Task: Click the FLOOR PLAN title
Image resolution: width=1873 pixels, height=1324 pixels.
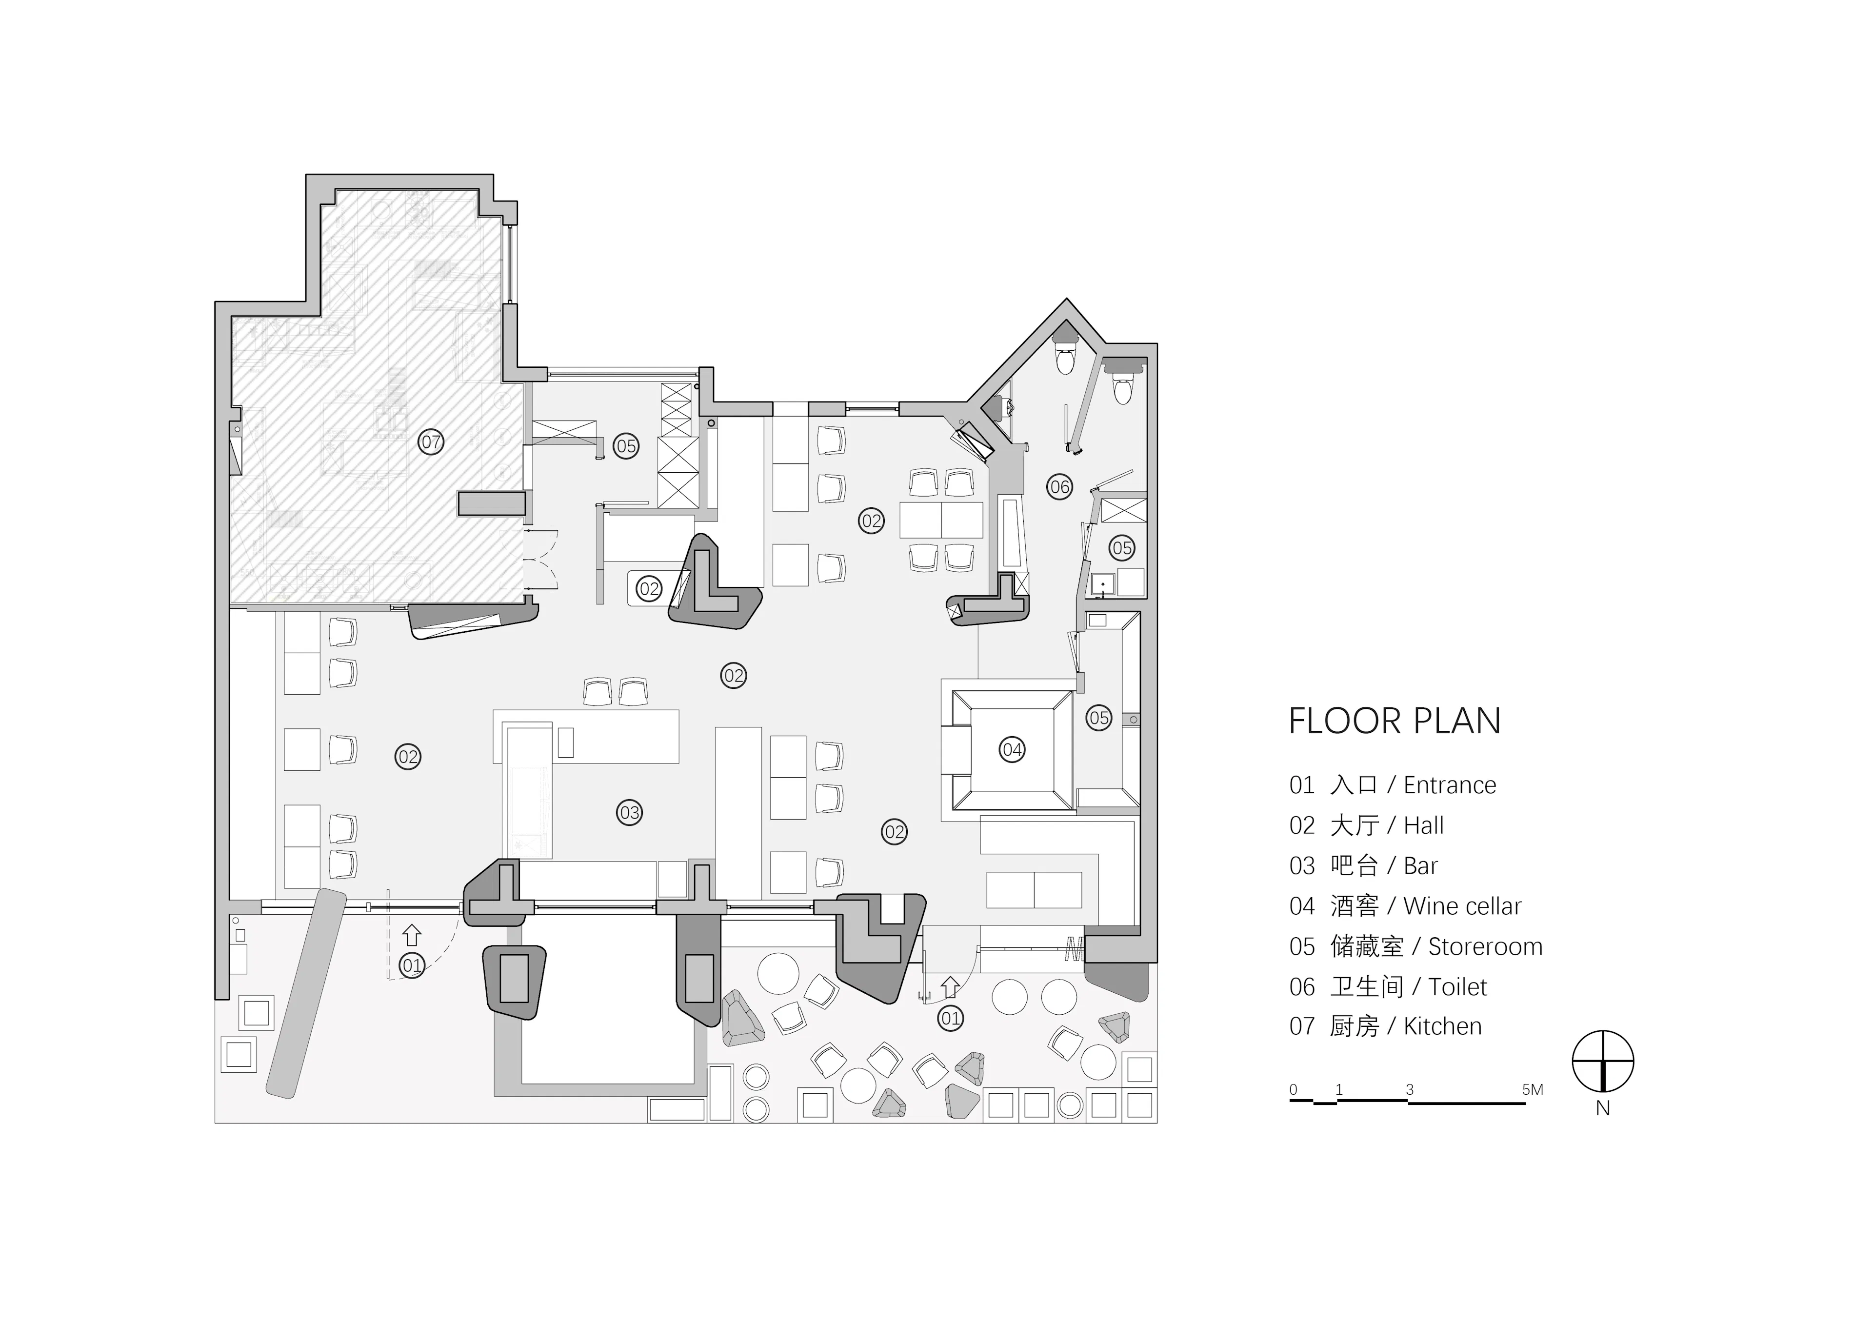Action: click(1394, 721)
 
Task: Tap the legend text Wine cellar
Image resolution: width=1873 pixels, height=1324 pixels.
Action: click(1463, 906)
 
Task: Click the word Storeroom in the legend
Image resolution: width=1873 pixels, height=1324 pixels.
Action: click(1486, 947)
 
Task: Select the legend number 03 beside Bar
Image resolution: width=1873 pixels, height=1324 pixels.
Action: click(1302, 866)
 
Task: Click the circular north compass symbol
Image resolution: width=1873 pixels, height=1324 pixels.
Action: click(1603, 1062)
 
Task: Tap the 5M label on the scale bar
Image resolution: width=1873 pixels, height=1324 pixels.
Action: click(1533, 1090)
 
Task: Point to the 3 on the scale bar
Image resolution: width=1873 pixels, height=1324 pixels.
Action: click(1410, 1090)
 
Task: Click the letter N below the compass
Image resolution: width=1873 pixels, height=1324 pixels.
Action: click(1603, 1109)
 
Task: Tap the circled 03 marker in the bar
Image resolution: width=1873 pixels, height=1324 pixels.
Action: click(629, 813)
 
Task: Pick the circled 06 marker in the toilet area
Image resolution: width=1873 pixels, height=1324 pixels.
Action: click(1060, 487)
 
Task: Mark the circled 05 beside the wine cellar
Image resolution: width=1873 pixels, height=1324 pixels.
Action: click(1099, 718)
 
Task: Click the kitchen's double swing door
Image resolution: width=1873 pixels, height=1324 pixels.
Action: click(540, 560)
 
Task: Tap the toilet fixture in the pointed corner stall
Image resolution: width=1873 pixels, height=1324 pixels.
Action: click(1065, 357)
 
